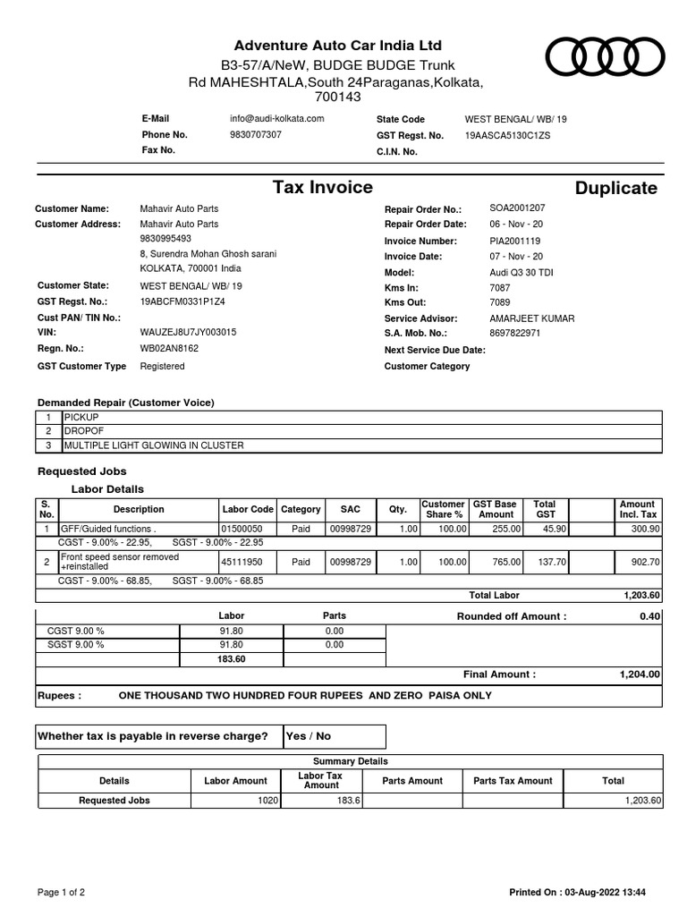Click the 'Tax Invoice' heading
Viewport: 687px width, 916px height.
click(x=322, y=187)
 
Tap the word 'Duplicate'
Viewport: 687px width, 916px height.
click(x=615, y=188)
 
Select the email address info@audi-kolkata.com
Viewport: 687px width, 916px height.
click(x=276, y=119)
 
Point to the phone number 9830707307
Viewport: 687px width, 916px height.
click(x=255, y=135)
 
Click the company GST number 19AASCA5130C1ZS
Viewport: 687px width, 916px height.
click(x=507, y=135)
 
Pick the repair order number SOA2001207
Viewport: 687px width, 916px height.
click(x=516, y=208)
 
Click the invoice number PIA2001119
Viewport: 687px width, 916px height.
click(x=514, y=241)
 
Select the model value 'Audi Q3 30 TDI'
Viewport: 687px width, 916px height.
click(x=522, y=272)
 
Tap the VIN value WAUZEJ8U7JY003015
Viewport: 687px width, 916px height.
click(x=188, y=333)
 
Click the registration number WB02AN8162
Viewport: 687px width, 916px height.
click(x=169, y=349)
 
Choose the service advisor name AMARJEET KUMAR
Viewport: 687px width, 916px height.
click(x=532, y=318)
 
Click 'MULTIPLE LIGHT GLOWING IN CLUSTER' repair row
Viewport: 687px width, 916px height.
click(x=152, y=445)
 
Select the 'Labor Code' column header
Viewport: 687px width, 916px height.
click(x=248, y=509)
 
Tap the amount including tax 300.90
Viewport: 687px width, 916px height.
click(x=645, y=530)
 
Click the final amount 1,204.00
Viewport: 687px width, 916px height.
click(x=640, y=674)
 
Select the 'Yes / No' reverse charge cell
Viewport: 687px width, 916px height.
click(x=308, y=736)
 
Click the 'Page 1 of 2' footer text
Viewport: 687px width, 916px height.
click(x=61, y=892)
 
